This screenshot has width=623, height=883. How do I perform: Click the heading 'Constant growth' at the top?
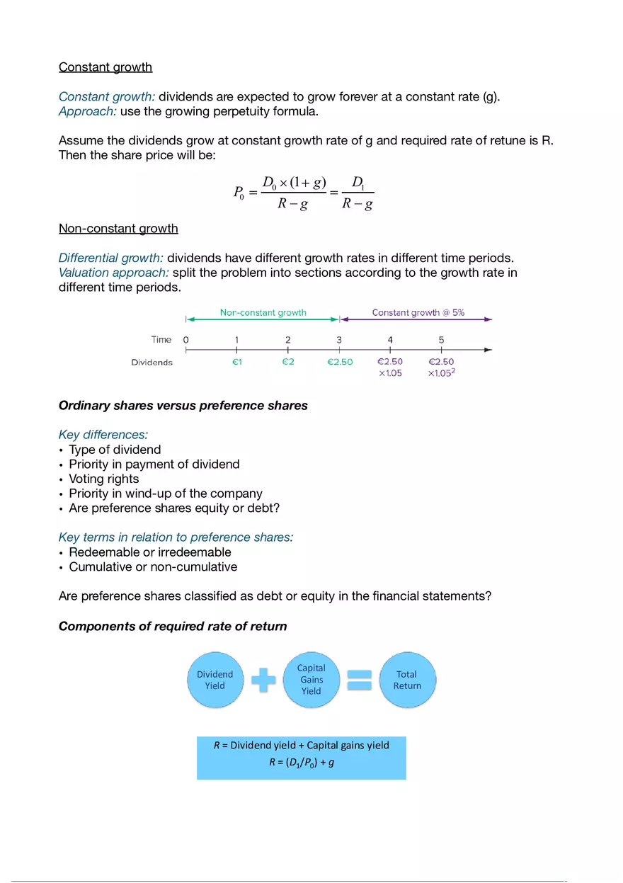(x=105, y=67)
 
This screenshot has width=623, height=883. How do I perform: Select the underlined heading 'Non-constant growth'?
(x=118, y=229)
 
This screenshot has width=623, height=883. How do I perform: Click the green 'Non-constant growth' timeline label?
(x=263, y=312)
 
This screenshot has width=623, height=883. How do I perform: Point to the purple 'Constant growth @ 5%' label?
(x=418, y=312)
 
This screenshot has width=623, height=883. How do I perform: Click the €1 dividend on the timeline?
(x=236, y=362)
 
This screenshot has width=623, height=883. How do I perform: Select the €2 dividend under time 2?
(x=287, y=362)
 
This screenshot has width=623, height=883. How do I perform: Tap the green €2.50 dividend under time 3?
(x=340, y=362)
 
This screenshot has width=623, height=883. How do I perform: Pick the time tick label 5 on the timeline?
(x=441, y=340)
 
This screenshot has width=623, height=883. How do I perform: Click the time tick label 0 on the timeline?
(x=186, y=340)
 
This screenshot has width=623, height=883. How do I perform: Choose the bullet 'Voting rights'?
(x=103, y=479)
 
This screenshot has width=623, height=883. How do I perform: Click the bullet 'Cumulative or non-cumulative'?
(x=153, y=566)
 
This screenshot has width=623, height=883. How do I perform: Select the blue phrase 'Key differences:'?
(x=103, y=435)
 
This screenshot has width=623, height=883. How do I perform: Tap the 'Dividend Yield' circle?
(x=215, y=680)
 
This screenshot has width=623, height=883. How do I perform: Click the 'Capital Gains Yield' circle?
(x=311, y=680)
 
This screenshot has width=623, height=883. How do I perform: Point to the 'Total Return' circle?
(x=407, y=680)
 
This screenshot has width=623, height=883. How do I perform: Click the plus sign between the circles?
(x=263, y=680)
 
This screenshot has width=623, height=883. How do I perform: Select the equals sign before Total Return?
(x=359, y=680)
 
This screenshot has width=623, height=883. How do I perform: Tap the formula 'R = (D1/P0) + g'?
(x=301, y=762)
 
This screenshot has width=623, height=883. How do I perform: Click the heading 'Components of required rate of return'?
(x=173, y=626)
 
